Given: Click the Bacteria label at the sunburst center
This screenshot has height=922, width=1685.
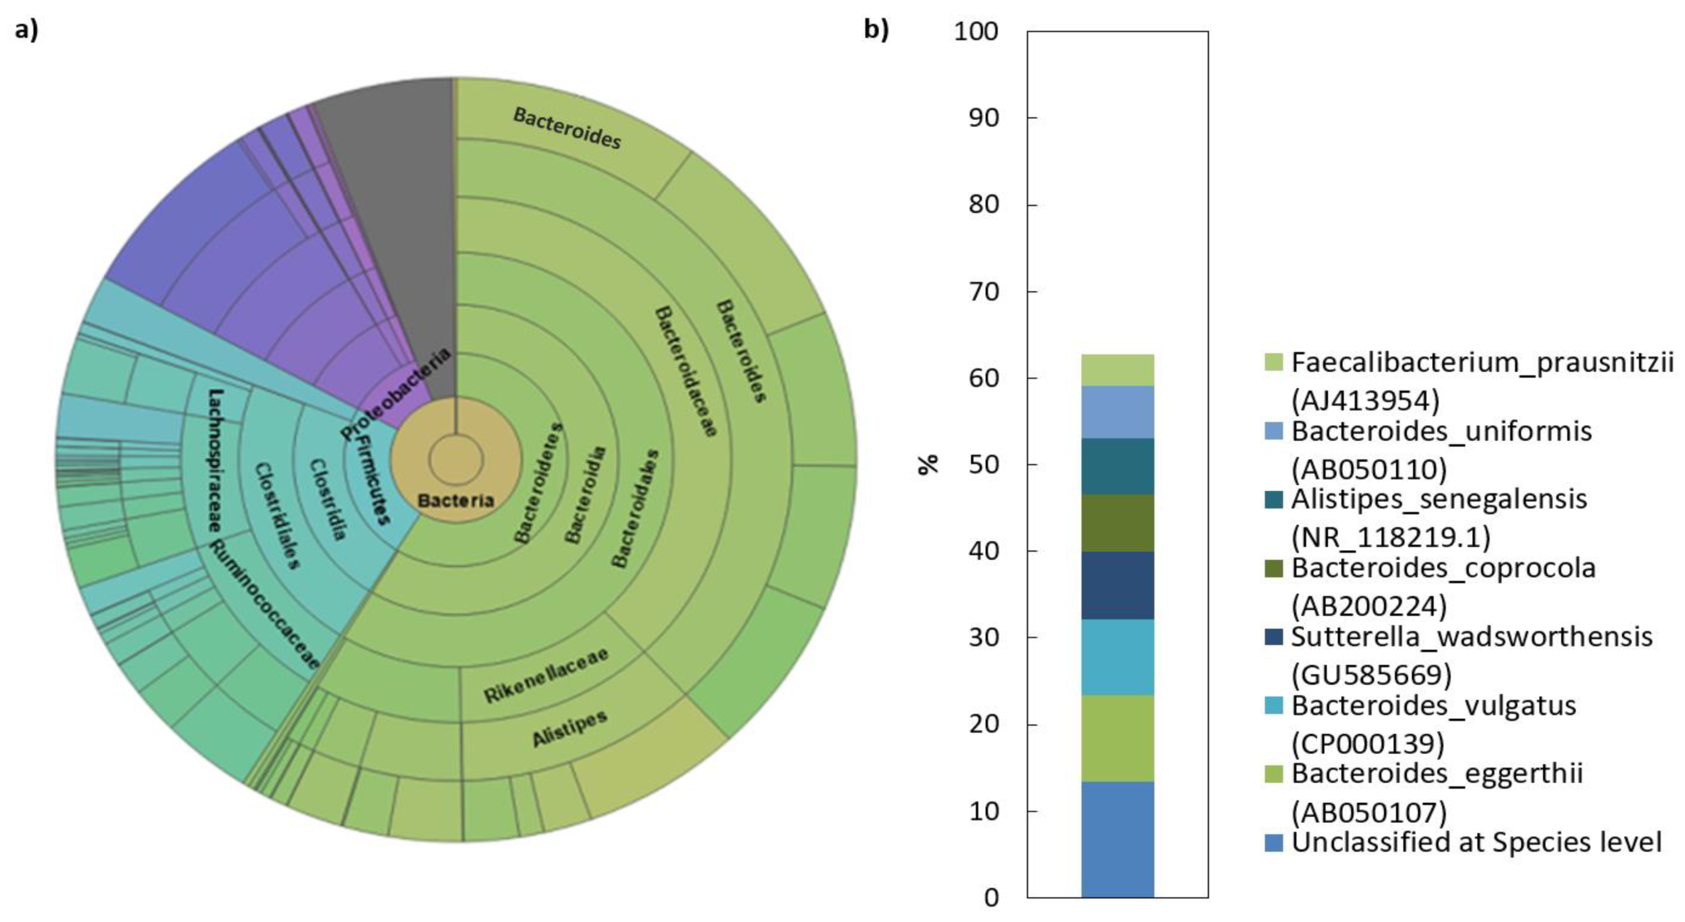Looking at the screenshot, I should tap(456, 501).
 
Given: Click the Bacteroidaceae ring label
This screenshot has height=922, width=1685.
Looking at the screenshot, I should tap(685, 370).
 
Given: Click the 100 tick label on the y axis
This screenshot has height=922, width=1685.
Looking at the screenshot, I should tap(976, 31).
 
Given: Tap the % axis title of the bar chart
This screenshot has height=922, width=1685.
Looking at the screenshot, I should tap(928, 464).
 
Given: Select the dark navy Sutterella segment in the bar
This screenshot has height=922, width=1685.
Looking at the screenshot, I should tap(1117, 585).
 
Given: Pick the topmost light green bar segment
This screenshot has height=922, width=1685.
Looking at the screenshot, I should tap(1117, 370).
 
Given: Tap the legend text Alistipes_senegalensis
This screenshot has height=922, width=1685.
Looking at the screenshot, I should tap(1438, 499).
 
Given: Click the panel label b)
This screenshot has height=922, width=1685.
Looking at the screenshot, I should tap(876, 29).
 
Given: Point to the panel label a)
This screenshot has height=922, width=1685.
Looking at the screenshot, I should tap(27, 29).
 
